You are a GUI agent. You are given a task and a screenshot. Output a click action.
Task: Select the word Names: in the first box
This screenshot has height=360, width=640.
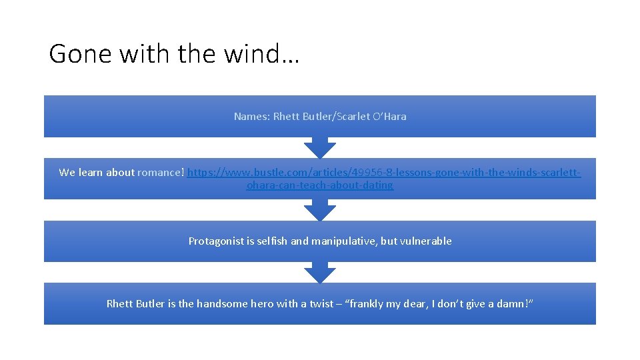click(x=252, y=116)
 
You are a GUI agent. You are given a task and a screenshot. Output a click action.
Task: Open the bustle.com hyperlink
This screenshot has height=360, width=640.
click(x=383, y=173)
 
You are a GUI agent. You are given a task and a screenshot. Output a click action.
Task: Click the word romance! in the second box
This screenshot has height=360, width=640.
click(x=161, y=173)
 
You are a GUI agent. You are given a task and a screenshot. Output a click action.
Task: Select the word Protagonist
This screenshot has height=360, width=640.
click(x=216, y=241)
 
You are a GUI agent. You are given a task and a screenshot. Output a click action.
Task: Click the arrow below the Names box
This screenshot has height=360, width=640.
click(x=320, y=147)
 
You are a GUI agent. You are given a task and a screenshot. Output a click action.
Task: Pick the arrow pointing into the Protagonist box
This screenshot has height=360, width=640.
click(x=320, y=210)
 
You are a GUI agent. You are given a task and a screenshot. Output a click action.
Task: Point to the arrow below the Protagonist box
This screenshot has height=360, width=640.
click(x=320, y=272)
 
